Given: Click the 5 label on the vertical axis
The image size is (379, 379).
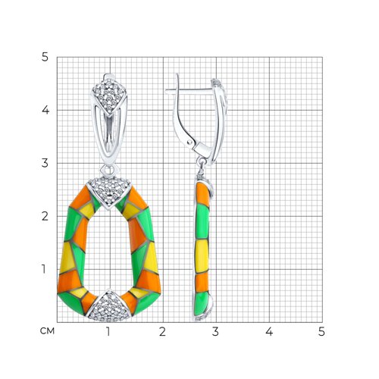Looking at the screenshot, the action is [45, 58].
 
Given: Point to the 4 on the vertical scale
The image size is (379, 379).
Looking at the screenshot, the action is [45, 110].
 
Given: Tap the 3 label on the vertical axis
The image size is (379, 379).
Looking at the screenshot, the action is [45, 163].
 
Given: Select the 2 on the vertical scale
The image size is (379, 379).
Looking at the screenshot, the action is [45, 216].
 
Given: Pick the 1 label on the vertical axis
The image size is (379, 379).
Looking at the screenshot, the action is [44, 269].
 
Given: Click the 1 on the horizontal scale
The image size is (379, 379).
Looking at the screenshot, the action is [108, 332].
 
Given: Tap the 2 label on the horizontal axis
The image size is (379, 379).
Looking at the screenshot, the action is [162, 332].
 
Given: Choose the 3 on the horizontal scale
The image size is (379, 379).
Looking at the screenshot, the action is [215, 332].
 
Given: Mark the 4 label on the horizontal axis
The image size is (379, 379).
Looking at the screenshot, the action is [269, 332].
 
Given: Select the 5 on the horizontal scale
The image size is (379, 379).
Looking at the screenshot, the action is [321, 332].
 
